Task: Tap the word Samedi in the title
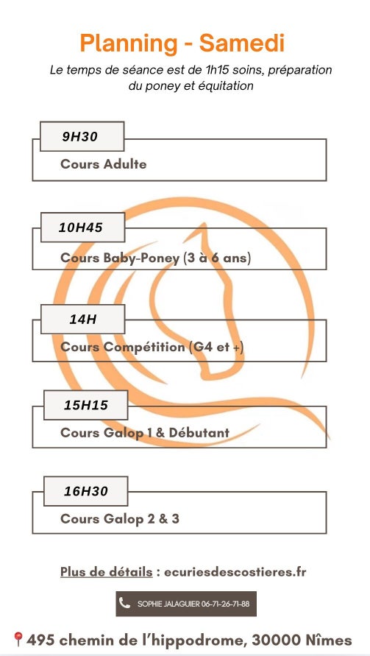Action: [x=242, y=43]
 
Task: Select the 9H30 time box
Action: [x=82, y=136]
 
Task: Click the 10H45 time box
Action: [x=83, y=228]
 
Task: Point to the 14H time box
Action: [x=83, y=320]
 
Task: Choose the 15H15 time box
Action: [x=86, y=405]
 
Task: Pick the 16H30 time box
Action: [x=86, y=491]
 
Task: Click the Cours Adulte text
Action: [x=103, y=163]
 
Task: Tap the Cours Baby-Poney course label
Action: [x=155, y=258]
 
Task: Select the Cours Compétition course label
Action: [x=152, y=347]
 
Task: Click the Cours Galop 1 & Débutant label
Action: [x=145, y=432]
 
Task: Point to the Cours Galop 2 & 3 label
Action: [x=120, y=518]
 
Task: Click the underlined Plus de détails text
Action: [x=106, y=571]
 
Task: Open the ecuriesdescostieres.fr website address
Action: [x=235, y=571]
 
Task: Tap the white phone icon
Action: [x=124, y=603]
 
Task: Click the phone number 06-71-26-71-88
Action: [x=225, y=604]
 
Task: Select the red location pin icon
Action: [x=18, y=639]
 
